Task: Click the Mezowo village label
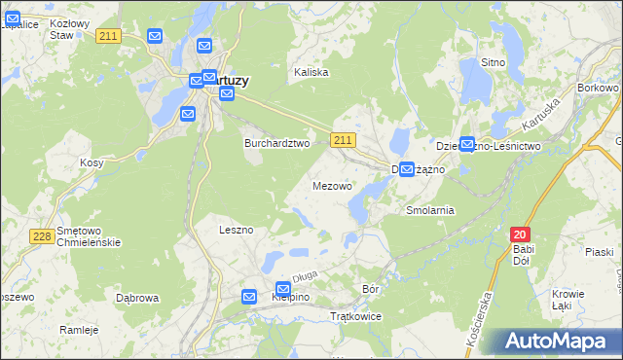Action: click(x=332, y=185)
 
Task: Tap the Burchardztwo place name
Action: click(x=275, y=142)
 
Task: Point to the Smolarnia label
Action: click(x=430, y=210)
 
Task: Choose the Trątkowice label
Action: click(x=356, y=317)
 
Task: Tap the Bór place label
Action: click(x=370, y=288)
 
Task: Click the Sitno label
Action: click(x=494, y=62)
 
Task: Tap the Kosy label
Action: click(x=92, y=163)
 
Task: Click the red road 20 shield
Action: click(x=521, y=234)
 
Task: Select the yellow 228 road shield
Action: click(x=41, y=236)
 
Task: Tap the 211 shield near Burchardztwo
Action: click(x=342, y=141)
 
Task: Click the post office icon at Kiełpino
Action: click(x=283, y=289)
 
